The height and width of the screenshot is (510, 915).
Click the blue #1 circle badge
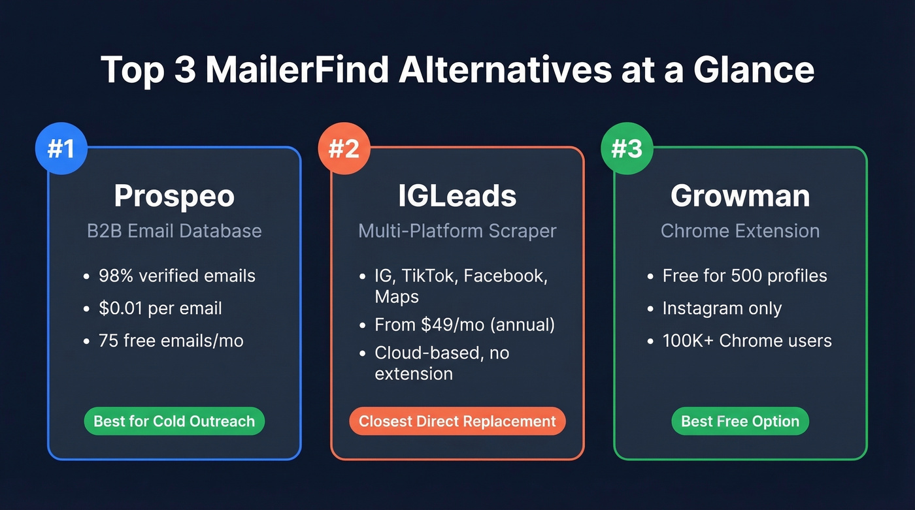(x=61, y=150)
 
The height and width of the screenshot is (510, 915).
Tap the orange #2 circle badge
(x=344, y=150)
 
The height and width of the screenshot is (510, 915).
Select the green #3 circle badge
(x=627, y=150)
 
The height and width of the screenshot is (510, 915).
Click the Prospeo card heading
(x=174, y=195)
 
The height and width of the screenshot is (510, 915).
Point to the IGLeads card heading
(x=457, y=195)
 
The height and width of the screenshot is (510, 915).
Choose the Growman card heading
(x=740, y=195)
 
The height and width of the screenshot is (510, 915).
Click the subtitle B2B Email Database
(x=174, y=231)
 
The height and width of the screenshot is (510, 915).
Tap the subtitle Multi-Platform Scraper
(x=457, y=231)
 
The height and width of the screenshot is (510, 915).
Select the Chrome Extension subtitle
(x=740, y=231)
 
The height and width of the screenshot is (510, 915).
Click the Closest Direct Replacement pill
(x=457, y=421)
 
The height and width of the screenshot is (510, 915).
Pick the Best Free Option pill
(x=740, y=421)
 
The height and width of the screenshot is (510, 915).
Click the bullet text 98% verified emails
(x=176, y=276)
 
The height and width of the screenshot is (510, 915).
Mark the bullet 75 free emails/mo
(x=171, y=340)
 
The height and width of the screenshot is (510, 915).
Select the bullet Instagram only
(x=722, y=308)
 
